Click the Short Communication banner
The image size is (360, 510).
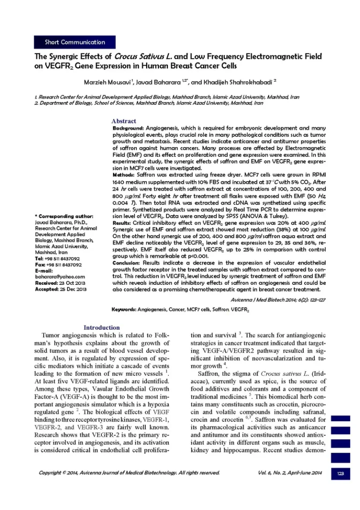pos(75,42)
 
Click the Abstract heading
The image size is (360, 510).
pos(124,121)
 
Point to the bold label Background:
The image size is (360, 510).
pos(129,128)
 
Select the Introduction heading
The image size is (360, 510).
pos(101,327)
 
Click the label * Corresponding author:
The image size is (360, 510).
pos(64,216)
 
